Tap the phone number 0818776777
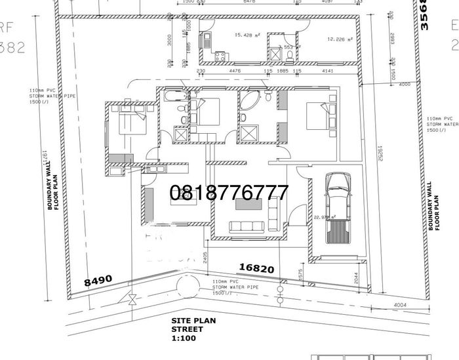[x=229, y=192]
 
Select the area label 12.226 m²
[x=340, y=39]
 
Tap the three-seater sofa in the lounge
[x=245, y=226]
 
